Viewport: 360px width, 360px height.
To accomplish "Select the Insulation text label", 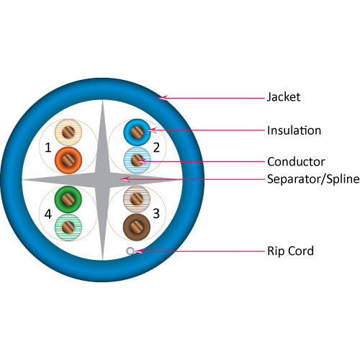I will point(294,130).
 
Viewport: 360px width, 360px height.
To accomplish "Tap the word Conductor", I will point(296,161).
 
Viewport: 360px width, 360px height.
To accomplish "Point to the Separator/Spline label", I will point(310,179).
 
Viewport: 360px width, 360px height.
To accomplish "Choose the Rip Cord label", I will point(290,251).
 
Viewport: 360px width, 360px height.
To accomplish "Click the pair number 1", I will point(48,148).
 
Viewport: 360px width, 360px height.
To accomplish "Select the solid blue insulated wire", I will point(135,132).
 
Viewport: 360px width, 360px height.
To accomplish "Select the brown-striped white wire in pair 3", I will point(135,198).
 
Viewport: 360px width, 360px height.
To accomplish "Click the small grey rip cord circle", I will point(130,251).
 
